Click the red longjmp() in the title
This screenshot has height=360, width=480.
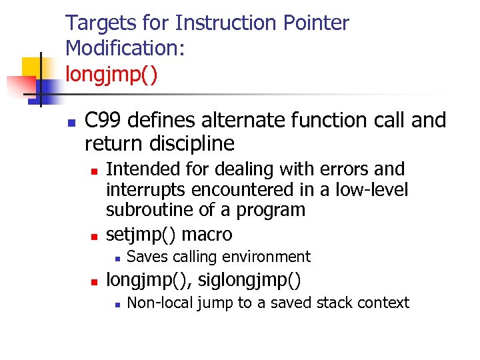click(111, 73)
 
